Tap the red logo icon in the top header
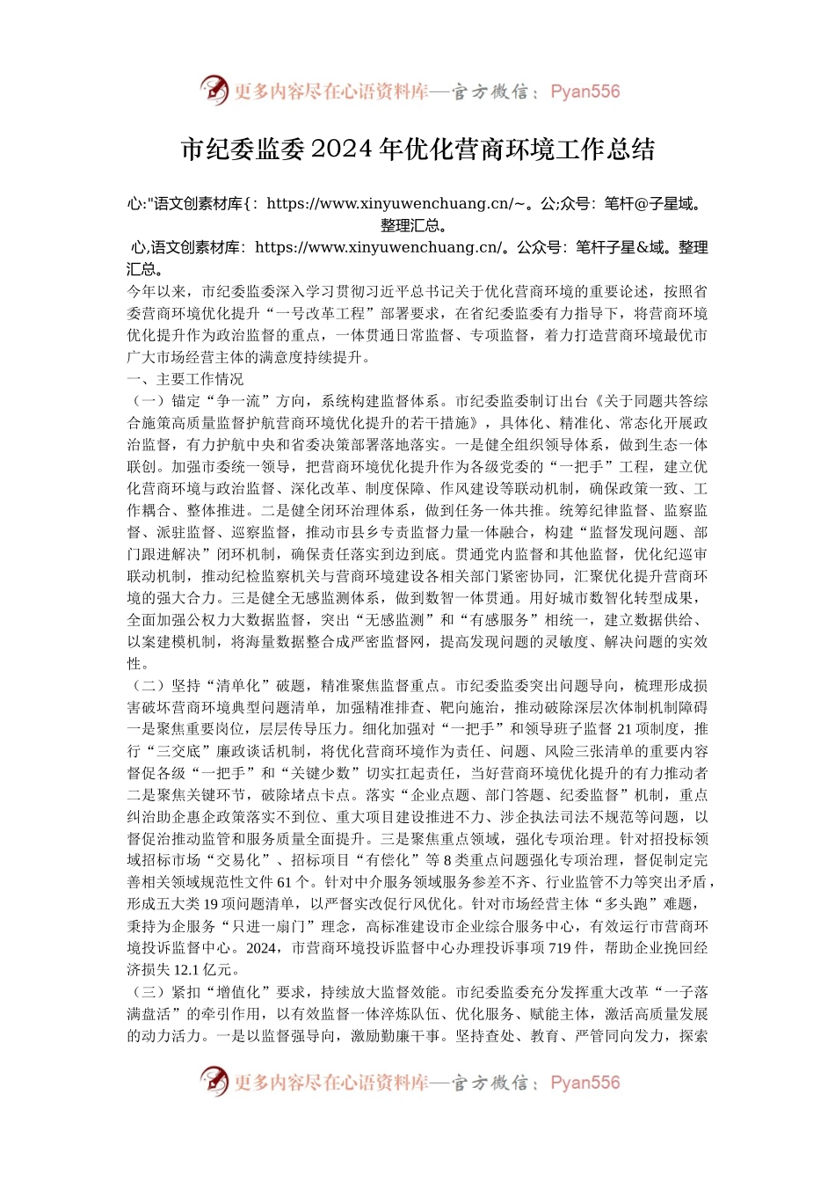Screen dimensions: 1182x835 coord(214,91)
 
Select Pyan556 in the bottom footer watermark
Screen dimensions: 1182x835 coord(584,1083)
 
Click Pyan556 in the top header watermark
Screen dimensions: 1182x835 coord(584,91)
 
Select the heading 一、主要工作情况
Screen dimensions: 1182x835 coord(185,379)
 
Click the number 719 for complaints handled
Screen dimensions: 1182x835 coord(560,948)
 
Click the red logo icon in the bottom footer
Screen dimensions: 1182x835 coord(214,1082)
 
